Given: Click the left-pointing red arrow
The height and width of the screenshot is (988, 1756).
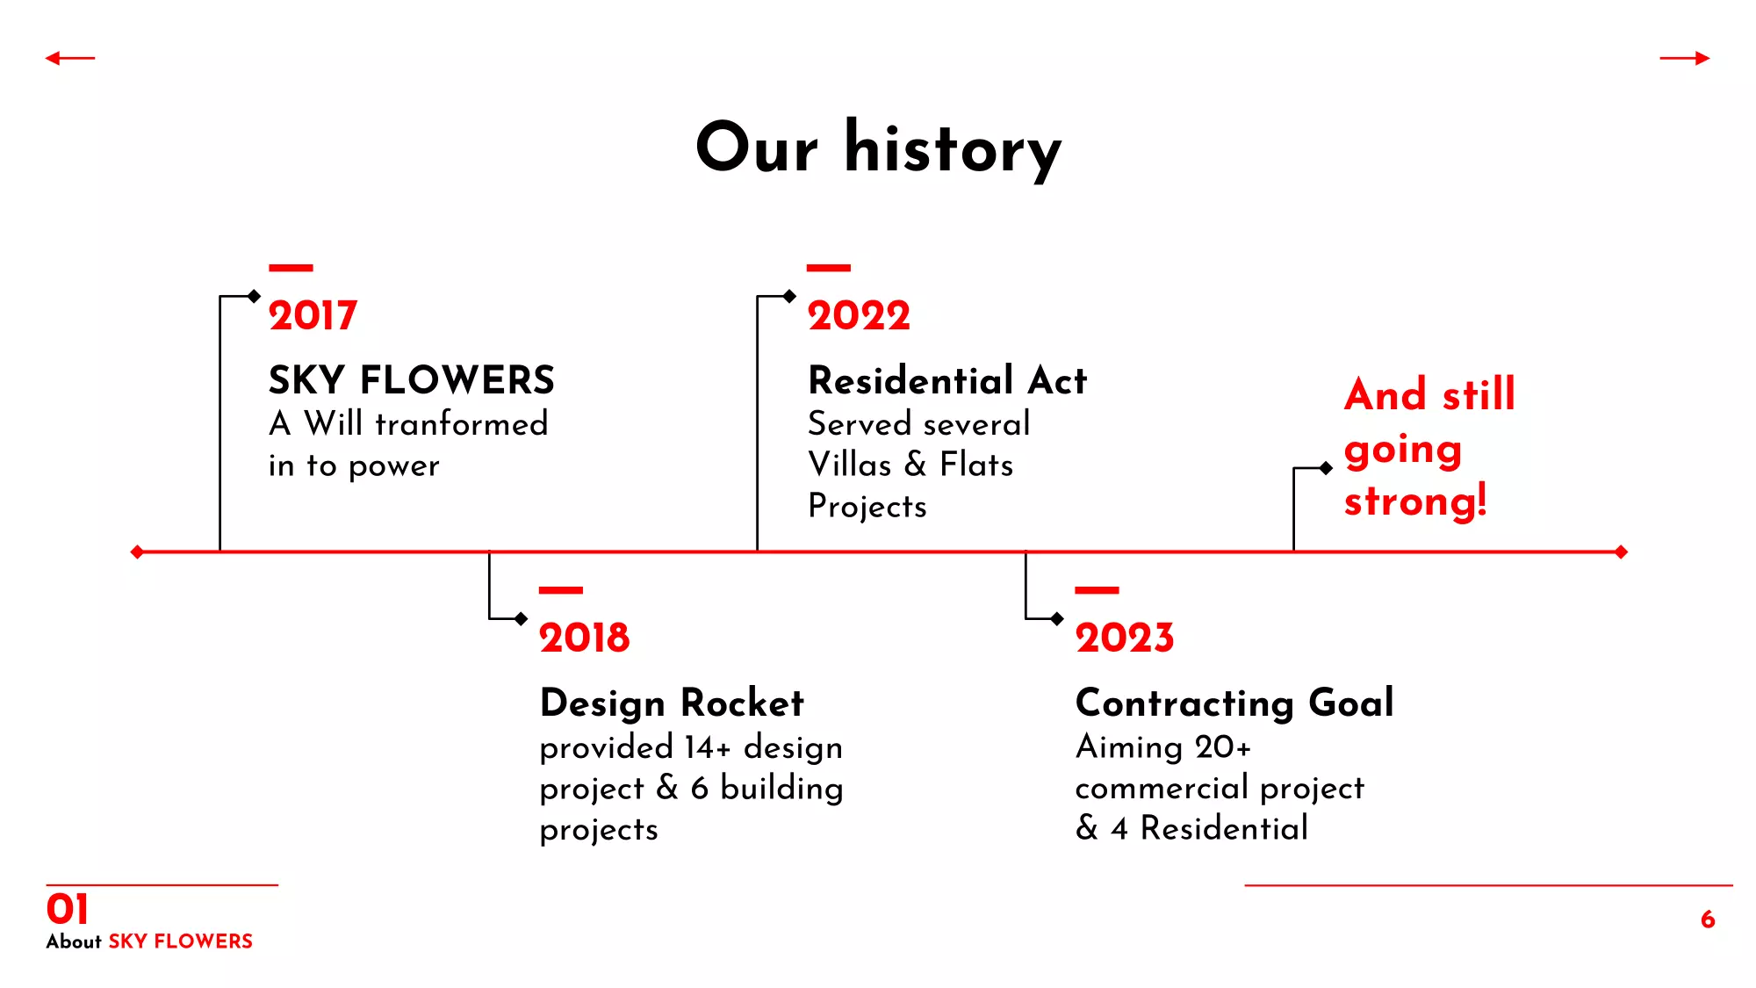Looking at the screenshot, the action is [70, 59].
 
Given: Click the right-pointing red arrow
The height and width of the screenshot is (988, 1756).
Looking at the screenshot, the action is [1685, 59].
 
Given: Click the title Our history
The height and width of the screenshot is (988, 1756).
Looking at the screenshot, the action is [879, 148].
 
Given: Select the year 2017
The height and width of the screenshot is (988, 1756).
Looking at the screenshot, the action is [313, 315].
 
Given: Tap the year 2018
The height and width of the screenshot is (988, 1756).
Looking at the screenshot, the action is [585, 638].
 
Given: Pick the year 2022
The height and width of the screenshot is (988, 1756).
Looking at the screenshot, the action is [859, 315].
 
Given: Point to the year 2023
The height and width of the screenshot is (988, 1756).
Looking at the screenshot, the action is [1125, 638].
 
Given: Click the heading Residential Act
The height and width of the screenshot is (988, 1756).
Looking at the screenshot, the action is [947, 380].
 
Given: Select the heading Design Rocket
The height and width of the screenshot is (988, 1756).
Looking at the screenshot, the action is [672, 703].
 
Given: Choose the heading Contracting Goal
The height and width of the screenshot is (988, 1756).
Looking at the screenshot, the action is [1234, 703].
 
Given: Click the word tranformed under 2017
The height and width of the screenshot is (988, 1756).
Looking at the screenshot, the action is [462, 424].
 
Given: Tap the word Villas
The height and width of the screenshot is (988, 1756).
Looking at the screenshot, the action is [850, 465].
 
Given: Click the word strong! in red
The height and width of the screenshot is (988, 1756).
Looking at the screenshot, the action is [1415, 501].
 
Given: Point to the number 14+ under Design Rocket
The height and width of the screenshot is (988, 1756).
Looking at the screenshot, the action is [708, 747].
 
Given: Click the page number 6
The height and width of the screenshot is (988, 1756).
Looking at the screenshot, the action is [1708, 919].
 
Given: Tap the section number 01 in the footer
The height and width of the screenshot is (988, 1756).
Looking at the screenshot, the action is [68, 909].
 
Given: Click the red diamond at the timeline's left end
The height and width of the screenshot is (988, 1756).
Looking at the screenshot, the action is [137, 552].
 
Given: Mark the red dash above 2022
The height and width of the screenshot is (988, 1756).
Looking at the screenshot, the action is [829, 268].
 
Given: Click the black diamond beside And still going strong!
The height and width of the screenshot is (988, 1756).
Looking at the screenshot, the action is [1326, 468].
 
